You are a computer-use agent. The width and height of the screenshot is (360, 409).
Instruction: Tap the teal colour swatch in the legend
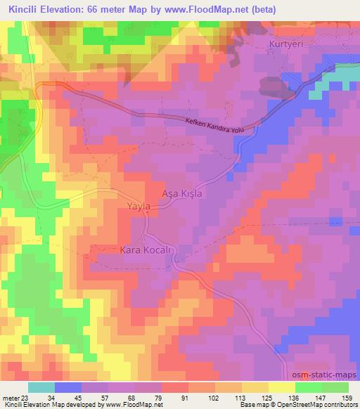[41, 387]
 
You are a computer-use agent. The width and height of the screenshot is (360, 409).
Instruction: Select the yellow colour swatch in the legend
[281, 387]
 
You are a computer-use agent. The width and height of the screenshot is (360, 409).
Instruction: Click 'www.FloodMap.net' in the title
[212, 9]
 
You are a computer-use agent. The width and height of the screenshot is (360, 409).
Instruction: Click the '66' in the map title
[103, 9]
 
